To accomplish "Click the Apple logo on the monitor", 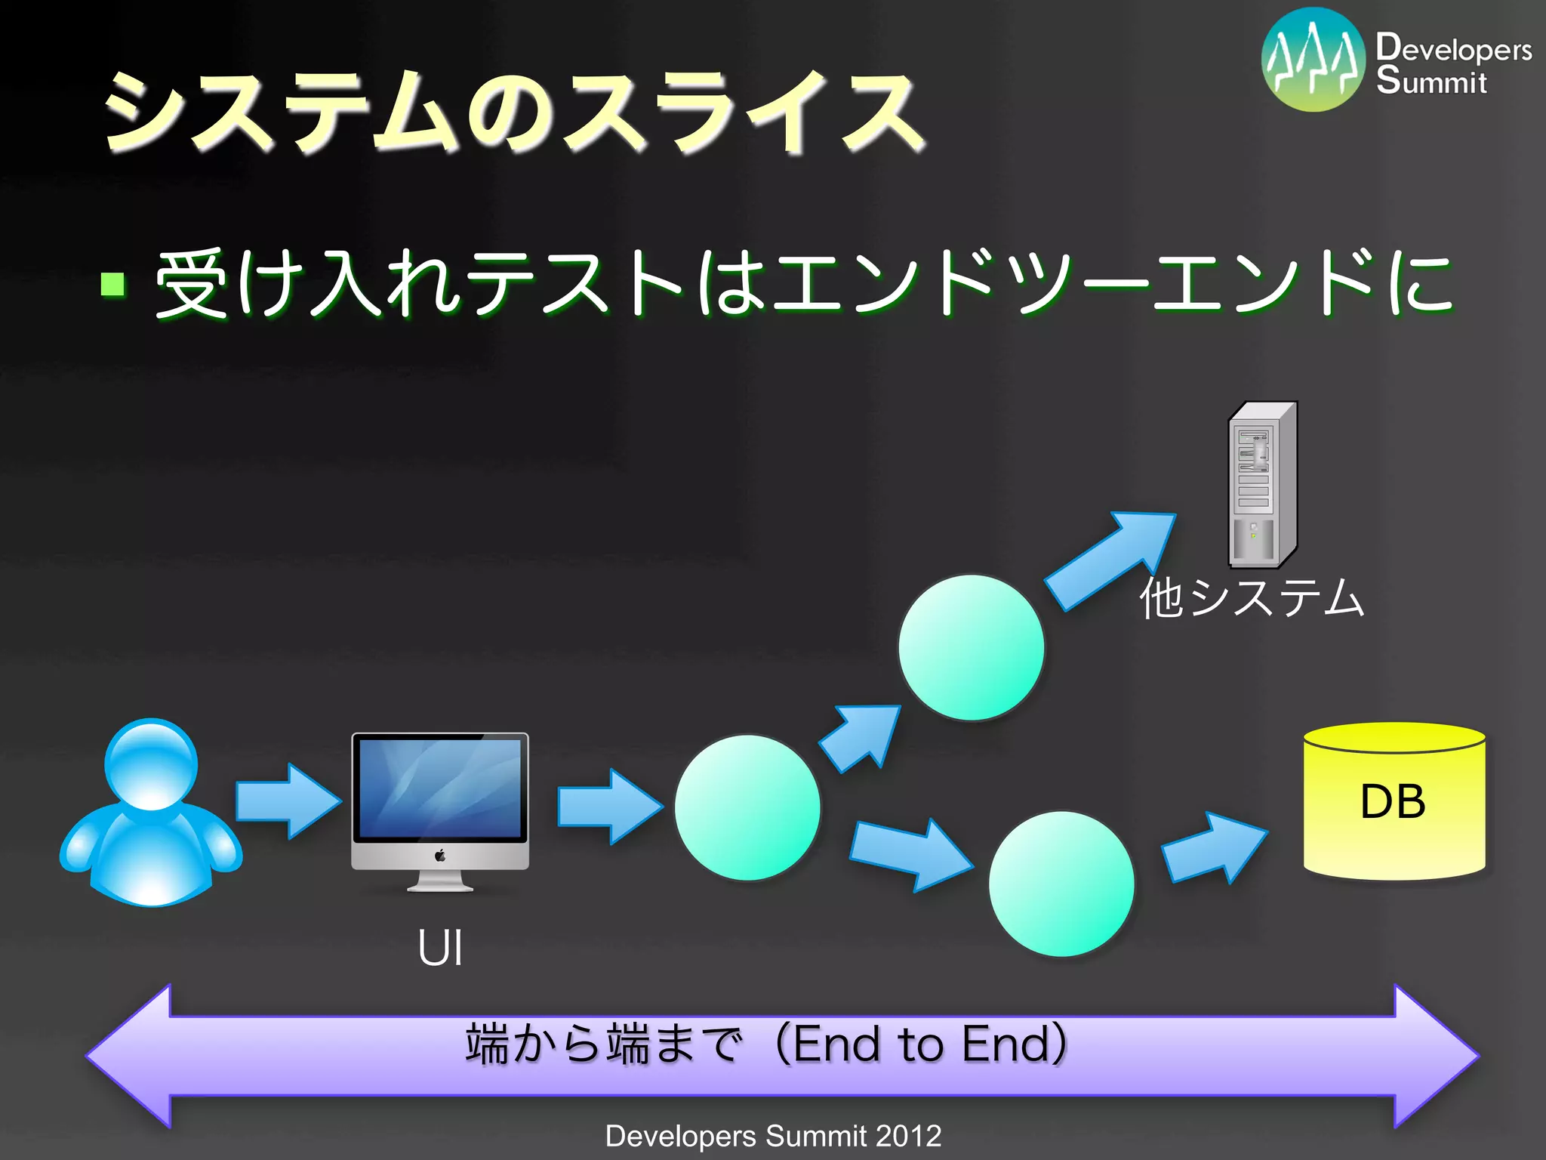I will pyautogui.click(x=440, y=856).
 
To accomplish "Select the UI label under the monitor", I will pyautogui.click(x=440, y=949).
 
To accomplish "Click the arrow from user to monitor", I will pyautogui.click(x=288, y=801).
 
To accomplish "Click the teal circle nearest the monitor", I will pyautogui.click(x=747, y=807).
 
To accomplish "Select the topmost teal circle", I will pyautogui.click(x=972, y=647).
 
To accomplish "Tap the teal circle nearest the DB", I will pyautogui.click(x=1061, y=884).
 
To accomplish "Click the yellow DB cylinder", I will pyautogui.click(x=1394, y=802).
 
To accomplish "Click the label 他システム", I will pyautogui.click(x=1252, y=598).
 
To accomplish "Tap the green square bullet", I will pyautogui.click(x=112, y=285).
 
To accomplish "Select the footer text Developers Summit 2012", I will pyautogui.click(x=773, y=1136).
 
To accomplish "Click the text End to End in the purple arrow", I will pyautogui.click(x=921, y=1044).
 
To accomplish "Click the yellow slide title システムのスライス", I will pyautogui.click(x=513, y=112).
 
